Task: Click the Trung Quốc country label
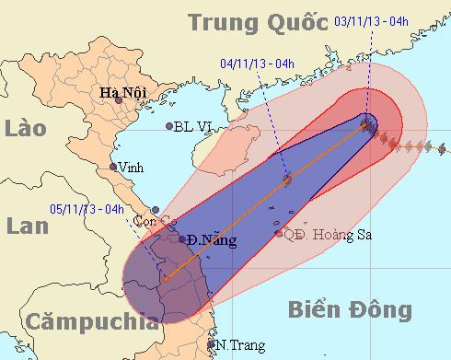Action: (x=260, y=21)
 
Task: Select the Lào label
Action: (x=25, y=128)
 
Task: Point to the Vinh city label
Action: (x=131, y=168)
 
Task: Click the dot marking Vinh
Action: (x=113, y=167)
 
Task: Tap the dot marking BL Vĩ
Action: (x=169, y=126)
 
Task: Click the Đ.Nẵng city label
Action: (x=211, y=240)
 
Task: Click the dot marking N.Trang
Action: (x=213, y=346)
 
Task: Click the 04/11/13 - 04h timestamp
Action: (x=258, y=64)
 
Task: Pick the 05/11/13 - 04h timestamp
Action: (x=87, y=208)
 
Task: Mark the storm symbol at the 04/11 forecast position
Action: (x=286, y=180)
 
